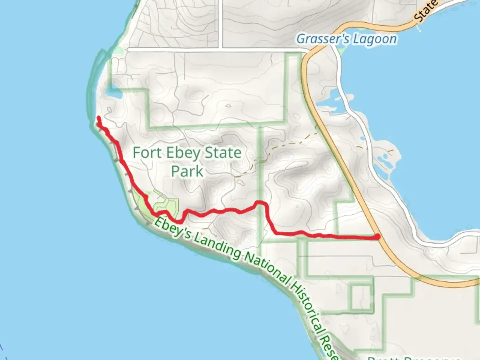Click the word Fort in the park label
tap(147, 153)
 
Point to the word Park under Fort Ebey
tap(187, 171)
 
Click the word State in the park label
tap(223, 153)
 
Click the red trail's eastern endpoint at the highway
tap(377, 237)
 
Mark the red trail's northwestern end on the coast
tap(98, 117)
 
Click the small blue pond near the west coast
tap(113, 91)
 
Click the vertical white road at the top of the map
tap(221, 23)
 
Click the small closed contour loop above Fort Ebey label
tap(228, 106)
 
